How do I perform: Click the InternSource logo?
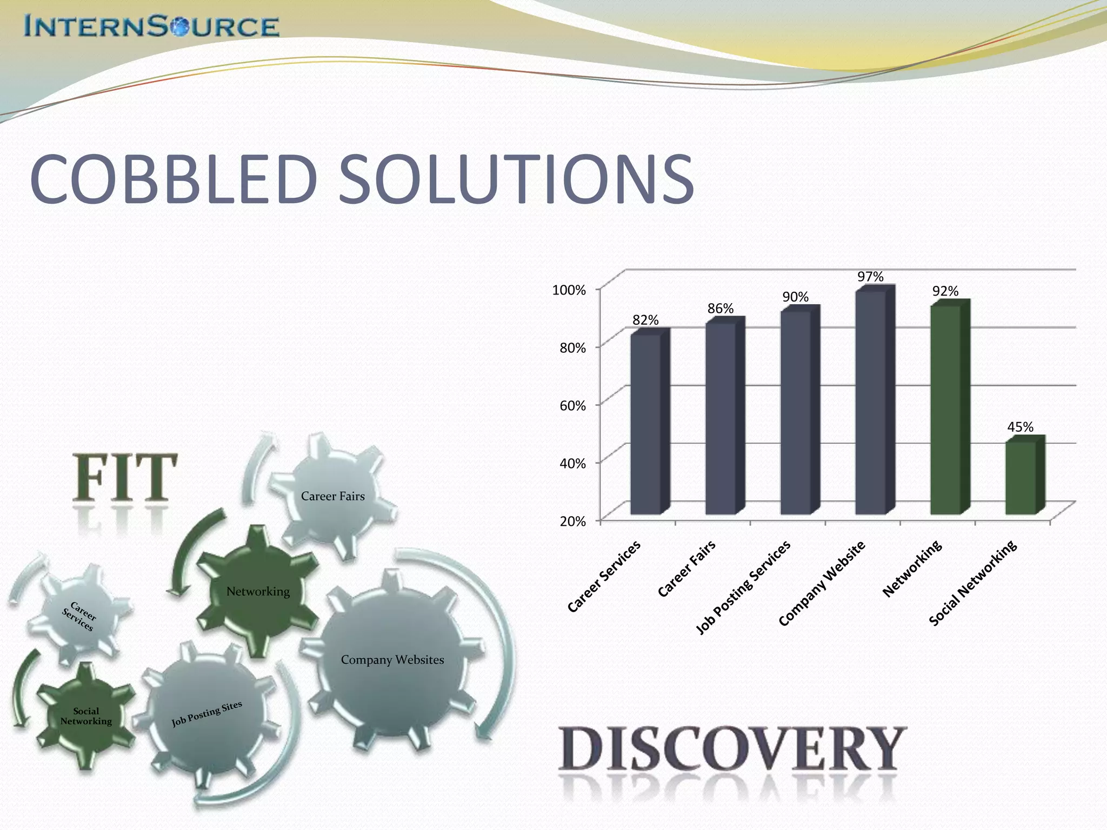click(151, 26)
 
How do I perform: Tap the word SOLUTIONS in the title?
click(516, 179)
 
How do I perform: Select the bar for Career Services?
click(646, 424)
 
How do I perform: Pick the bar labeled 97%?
click(870, 403)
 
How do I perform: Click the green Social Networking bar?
click(1021, 478)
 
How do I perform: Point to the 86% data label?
click(721, 309)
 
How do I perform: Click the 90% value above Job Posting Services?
click(796, 297)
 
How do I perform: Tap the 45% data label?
click(1020, 427)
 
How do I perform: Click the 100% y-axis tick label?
click(569, 290)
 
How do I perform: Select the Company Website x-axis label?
click(823, 584)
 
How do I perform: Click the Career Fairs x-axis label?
click(688, 568)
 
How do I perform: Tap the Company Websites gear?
click(392, 659)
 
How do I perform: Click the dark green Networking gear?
click(258, 591)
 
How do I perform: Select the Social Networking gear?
click(86, 716)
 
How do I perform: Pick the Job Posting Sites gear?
click(206, 713)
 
